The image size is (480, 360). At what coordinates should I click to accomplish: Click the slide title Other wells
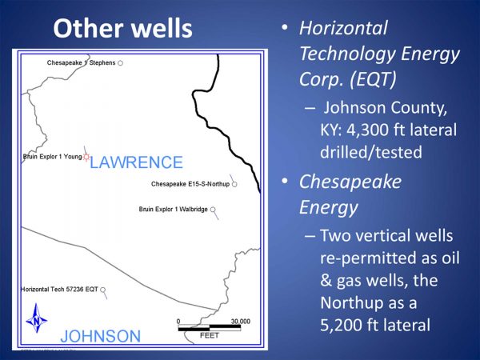pyautogui.click(x=122, y=28)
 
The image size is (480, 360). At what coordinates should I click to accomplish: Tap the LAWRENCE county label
pyautogui.click(x=136, y=162)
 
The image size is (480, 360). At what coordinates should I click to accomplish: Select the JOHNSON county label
pyautogui.click(x=101, y=336)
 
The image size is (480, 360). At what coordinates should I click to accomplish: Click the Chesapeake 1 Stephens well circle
pyautogui.click(x=121, y=63)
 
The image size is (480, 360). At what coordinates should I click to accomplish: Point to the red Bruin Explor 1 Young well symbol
pyautogui.click(x=86, y=157)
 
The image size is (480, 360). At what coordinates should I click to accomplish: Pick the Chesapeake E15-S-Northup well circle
pyautogui.click(x=234, y=184)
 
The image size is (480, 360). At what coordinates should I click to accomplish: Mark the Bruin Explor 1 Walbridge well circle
pyautogui.click(x=213, y=210)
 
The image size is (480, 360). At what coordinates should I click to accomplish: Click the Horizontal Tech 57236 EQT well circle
pyautogui.click(x=103, y=290)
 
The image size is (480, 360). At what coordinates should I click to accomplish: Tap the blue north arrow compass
pyautogui.click(x=37, y=318)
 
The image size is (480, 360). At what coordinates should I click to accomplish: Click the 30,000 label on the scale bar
pyautogui.click(x=240, y=322)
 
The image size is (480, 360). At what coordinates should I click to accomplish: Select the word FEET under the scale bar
pyautogui.click(x=210, y=335)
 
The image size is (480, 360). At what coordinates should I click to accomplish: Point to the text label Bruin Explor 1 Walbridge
pyautogui.click(x=174, y=210)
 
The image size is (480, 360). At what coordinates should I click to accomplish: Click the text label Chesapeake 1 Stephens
pyautogui.click(x=81, y=62)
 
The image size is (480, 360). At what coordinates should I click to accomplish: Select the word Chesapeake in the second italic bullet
pyautogui.click(x=350, y=182)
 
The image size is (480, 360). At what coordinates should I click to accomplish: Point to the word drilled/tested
pyautogui.click(x=371, y=152)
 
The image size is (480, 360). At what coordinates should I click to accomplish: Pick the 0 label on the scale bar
pyautogui.click(x=178, y=322)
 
